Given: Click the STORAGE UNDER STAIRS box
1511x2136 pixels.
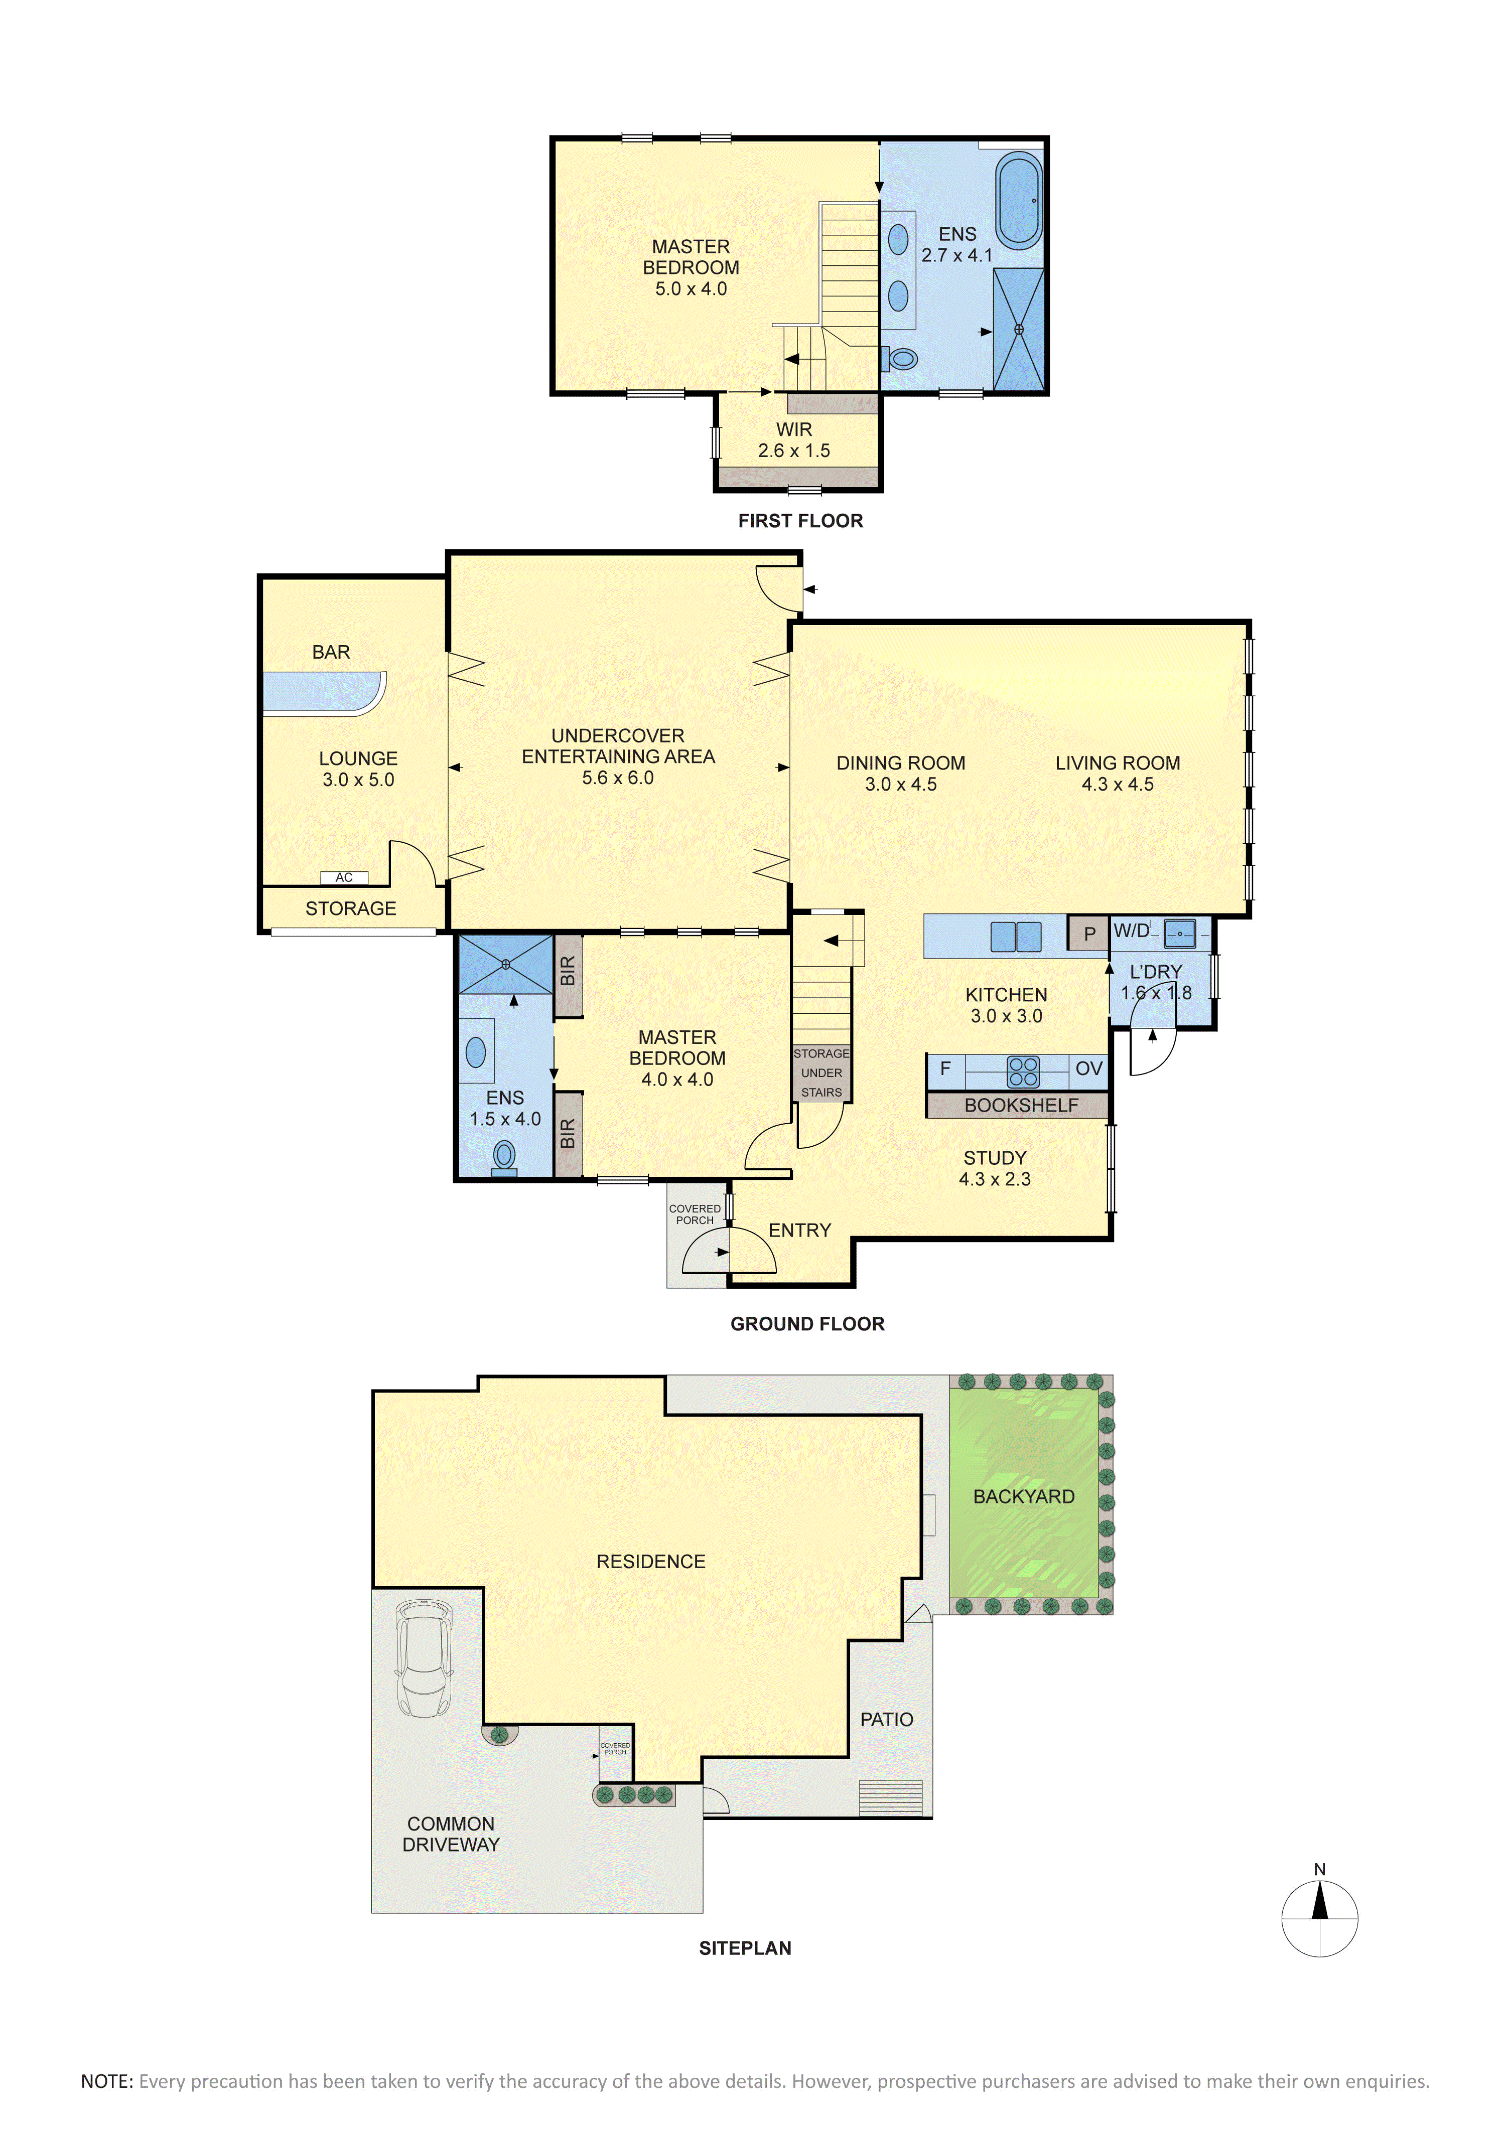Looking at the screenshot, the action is click(821, 1073).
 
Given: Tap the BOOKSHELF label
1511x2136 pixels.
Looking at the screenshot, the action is click(1021, 1105).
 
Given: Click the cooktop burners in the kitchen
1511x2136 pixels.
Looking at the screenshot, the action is click(1023, 1072).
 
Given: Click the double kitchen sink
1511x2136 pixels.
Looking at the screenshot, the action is click(1016, 936).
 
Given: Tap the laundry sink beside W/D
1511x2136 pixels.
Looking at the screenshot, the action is click(1180, 932).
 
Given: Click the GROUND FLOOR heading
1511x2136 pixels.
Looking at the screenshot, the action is click(806, 1324).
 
